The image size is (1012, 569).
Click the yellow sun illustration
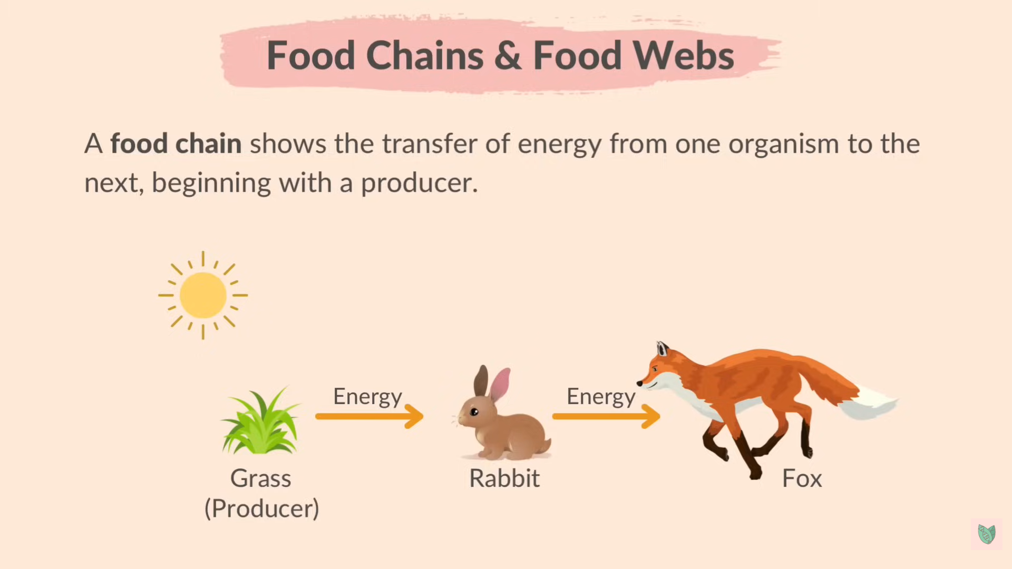click(203, 295)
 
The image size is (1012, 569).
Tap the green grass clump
click(260, 424)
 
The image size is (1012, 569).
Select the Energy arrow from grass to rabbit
click(369, 416)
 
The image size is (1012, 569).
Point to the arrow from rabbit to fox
click(606, 416)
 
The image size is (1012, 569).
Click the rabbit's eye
click(474, 412)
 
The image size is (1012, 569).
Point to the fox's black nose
click(639, 384)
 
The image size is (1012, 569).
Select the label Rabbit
click(504, 478)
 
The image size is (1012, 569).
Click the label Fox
click(802, 478)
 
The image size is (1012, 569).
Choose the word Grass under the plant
click(260, 478)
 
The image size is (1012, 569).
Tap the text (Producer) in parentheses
click(261, 508)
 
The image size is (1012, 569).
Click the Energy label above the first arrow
click(367, 397)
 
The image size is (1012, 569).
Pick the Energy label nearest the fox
click(601, 397)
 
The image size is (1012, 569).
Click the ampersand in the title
click(508, 55)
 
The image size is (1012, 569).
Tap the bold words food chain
click(176, 144)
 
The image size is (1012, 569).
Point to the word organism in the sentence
click(783, 144)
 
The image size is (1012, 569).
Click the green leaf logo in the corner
click(986, 534)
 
